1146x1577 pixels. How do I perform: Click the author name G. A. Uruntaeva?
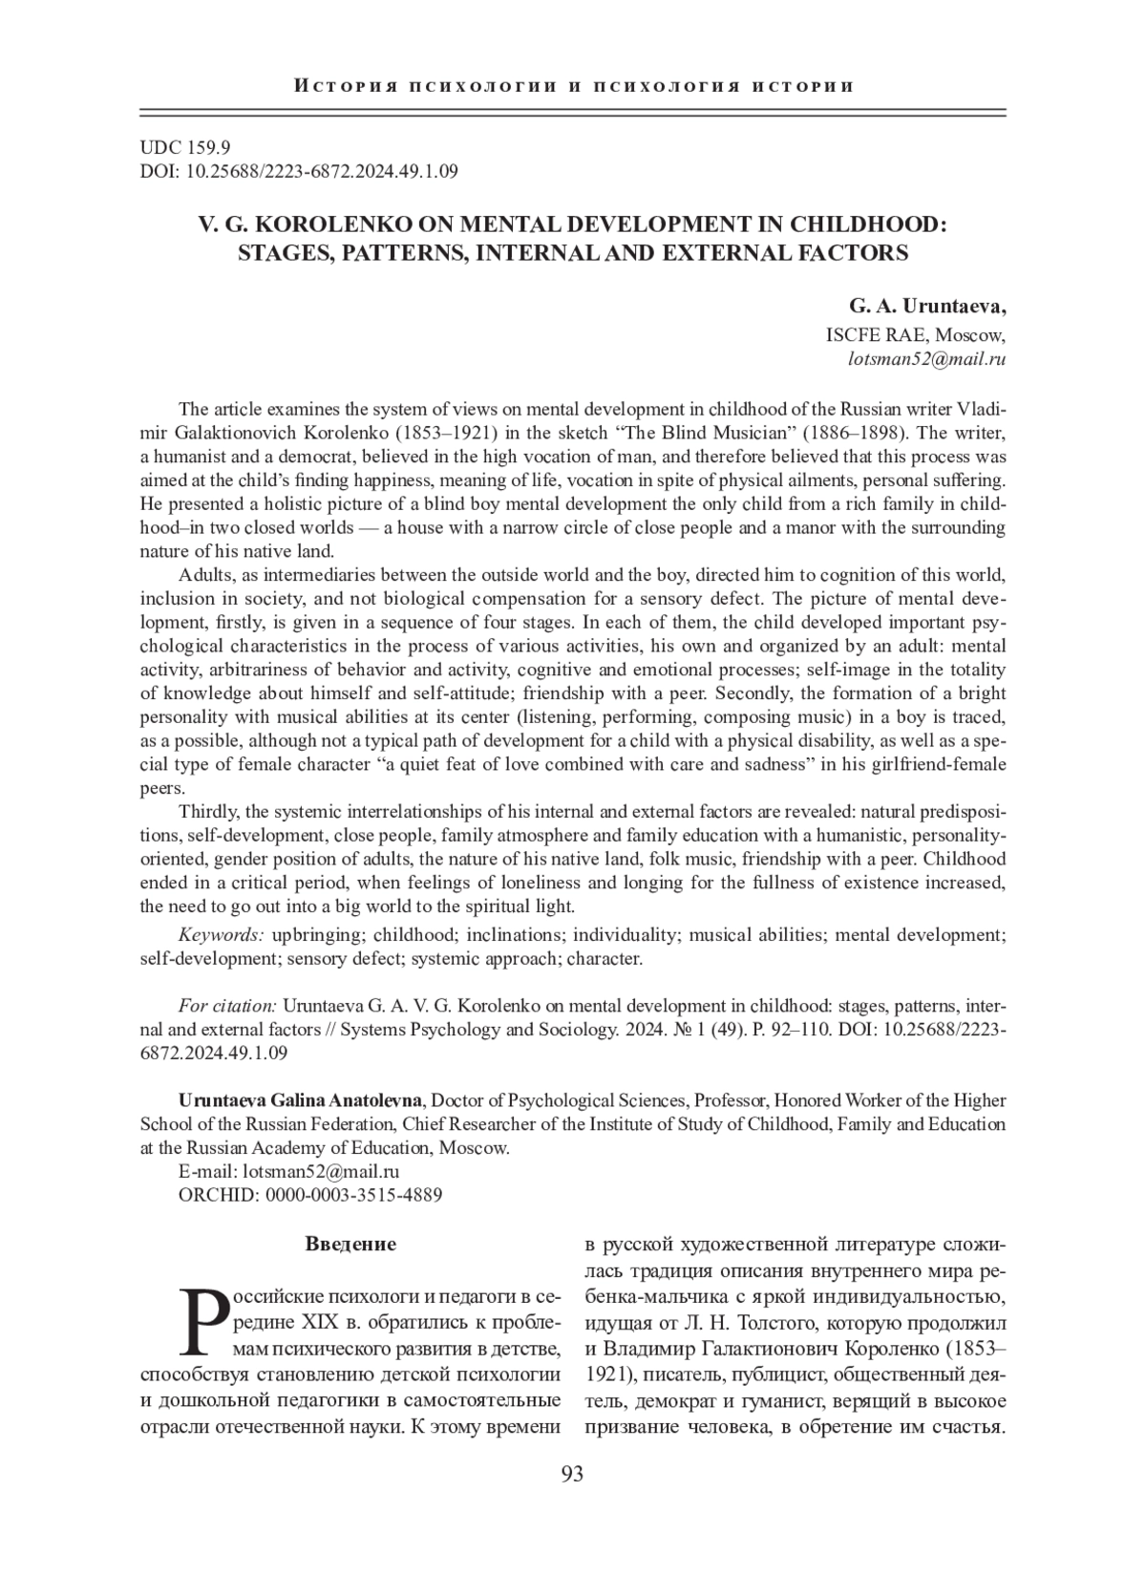point(926,307)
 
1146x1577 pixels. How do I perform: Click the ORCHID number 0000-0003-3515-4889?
point(353,1195)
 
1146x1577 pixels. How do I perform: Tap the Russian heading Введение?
point(350,1245)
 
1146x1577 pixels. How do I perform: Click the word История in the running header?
point(338,87)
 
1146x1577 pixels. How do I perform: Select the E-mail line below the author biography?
point(288,1171)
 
